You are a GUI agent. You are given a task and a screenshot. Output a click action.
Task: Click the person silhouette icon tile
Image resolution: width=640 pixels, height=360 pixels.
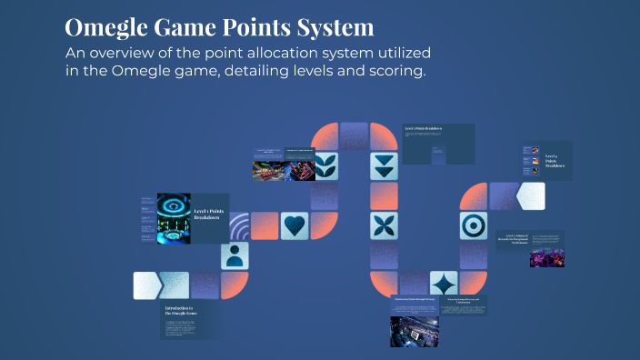pyautogui.click(x=235, y=255)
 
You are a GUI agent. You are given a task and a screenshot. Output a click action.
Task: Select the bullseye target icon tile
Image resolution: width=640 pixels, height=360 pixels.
pyautogui.click(x=472, y=225)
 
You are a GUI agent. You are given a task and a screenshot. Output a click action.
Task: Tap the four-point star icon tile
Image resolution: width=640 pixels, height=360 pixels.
pyautogui.click(x=443, y=283)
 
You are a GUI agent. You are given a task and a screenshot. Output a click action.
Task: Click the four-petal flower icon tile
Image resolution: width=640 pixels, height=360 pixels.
pyautogui.click(x=384, y=225)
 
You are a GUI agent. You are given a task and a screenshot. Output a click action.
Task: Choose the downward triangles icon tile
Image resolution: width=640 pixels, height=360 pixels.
pyautogui.click(x=384, y=165)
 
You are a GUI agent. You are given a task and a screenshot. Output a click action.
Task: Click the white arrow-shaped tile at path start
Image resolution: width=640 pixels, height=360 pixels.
pyautogui.click(x=146, y=285)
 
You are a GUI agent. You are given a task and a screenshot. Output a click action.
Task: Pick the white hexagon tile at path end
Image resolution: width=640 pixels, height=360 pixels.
pyautogui.click(x=530, y=195)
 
